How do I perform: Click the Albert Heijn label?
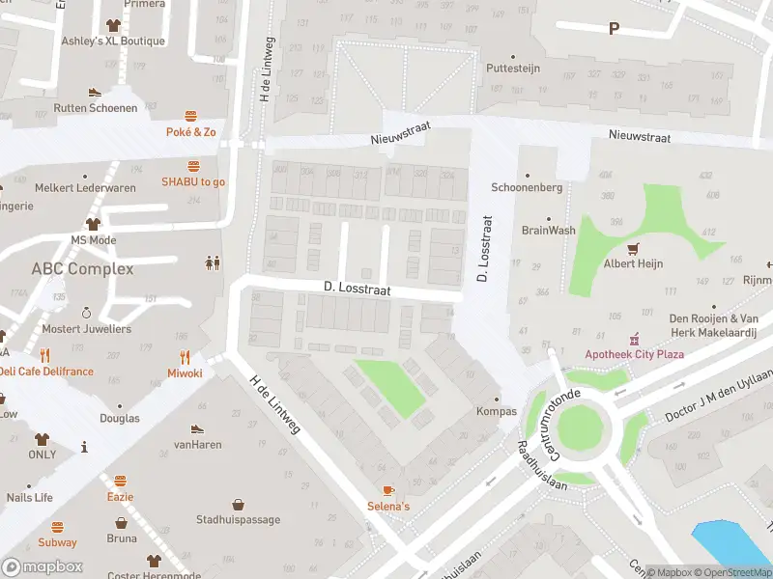click(634, 264)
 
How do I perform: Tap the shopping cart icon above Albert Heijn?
click(634, 248)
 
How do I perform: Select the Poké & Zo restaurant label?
click(191, 131)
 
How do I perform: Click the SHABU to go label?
click(193, 181)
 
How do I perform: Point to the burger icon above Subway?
click(57, 527)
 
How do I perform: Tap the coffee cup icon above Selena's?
click(388, 490)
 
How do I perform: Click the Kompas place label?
click(497, 412)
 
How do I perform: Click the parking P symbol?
click(613, 29)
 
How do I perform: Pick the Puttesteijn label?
click(513, 69)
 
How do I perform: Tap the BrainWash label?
click(549, 232)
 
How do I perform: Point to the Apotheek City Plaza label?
click(634, 354)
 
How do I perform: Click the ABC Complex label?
click(82, 268)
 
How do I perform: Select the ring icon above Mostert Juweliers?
click(86, 313)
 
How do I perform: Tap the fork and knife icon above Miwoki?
click(185, 356)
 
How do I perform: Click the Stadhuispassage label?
click(238, 520)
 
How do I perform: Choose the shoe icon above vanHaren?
click(198, 428)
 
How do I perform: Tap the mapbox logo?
click(43, 567)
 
